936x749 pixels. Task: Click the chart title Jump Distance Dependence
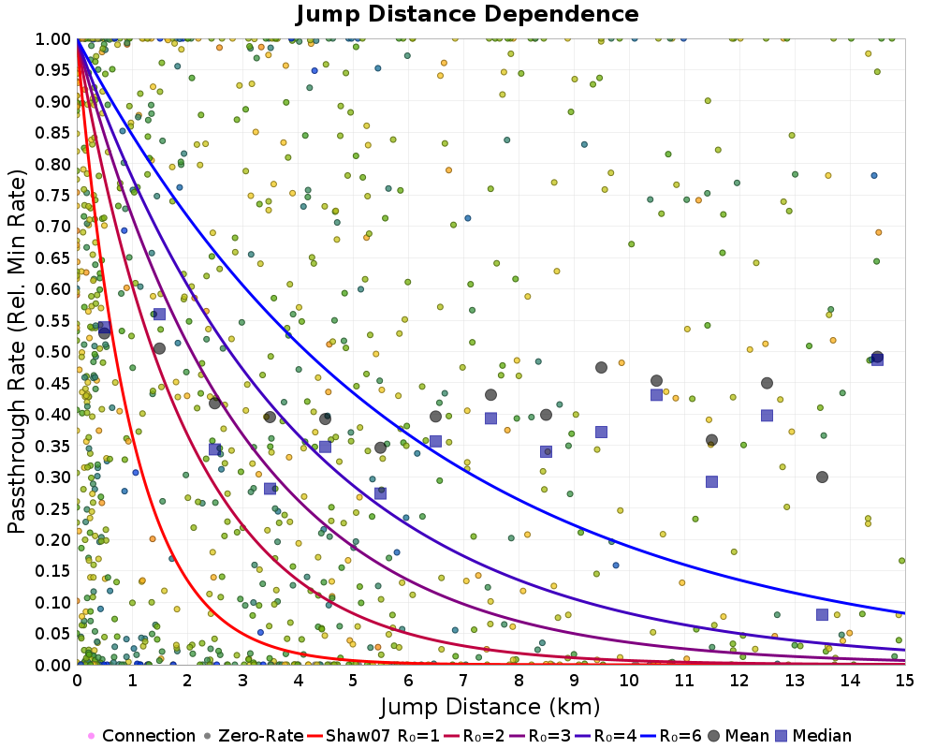tap(467, 14)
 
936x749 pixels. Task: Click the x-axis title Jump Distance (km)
tap(490, 707)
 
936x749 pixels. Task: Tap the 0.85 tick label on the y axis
tap(52, 133)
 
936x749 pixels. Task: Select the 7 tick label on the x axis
tap(463, 681)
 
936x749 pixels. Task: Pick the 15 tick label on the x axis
tap(905, 681)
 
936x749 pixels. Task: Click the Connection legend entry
tap(141, 736)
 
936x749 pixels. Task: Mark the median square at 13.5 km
tap(822, 614)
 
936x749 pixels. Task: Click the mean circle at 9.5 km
tap(601, 367)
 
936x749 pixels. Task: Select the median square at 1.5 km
tap(159, 315)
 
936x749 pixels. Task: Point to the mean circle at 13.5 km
tap(822, 477)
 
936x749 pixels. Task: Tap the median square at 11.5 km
tap(711, 481)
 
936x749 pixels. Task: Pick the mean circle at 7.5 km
tap(490, 395)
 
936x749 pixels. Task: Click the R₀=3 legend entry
tap(539, 736)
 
